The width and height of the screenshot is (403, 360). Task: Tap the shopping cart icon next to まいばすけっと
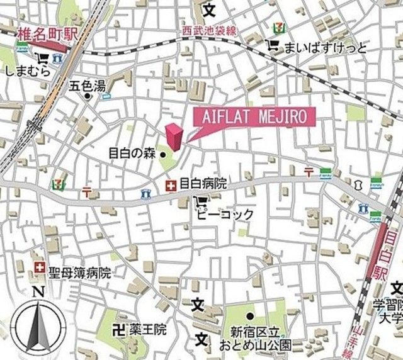pyautogui.click(x=272, y=45)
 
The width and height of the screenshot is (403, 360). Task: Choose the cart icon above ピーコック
pyautogui.click(x=200, y=201)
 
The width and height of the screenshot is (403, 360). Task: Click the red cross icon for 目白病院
pyautogui.click(x=170, y=185)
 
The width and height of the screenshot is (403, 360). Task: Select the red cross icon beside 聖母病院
pyautogui.click(x=40, y=269)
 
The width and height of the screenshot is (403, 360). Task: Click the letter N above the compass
pyautogui.click(x=38, y=291)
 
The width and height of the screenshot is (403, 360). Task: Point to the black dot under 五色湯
pyautogui.click(x=88, y=96)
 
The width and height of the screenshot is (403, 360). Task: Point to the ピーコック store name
pyautogui.click(x=224, y=215)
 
